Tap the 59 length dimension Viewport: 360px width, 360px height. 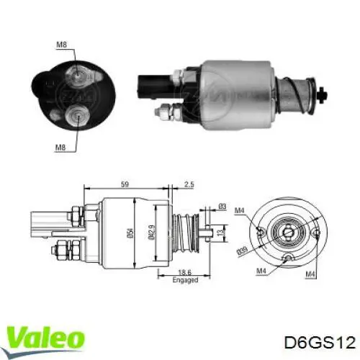(x=125, y=184)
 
